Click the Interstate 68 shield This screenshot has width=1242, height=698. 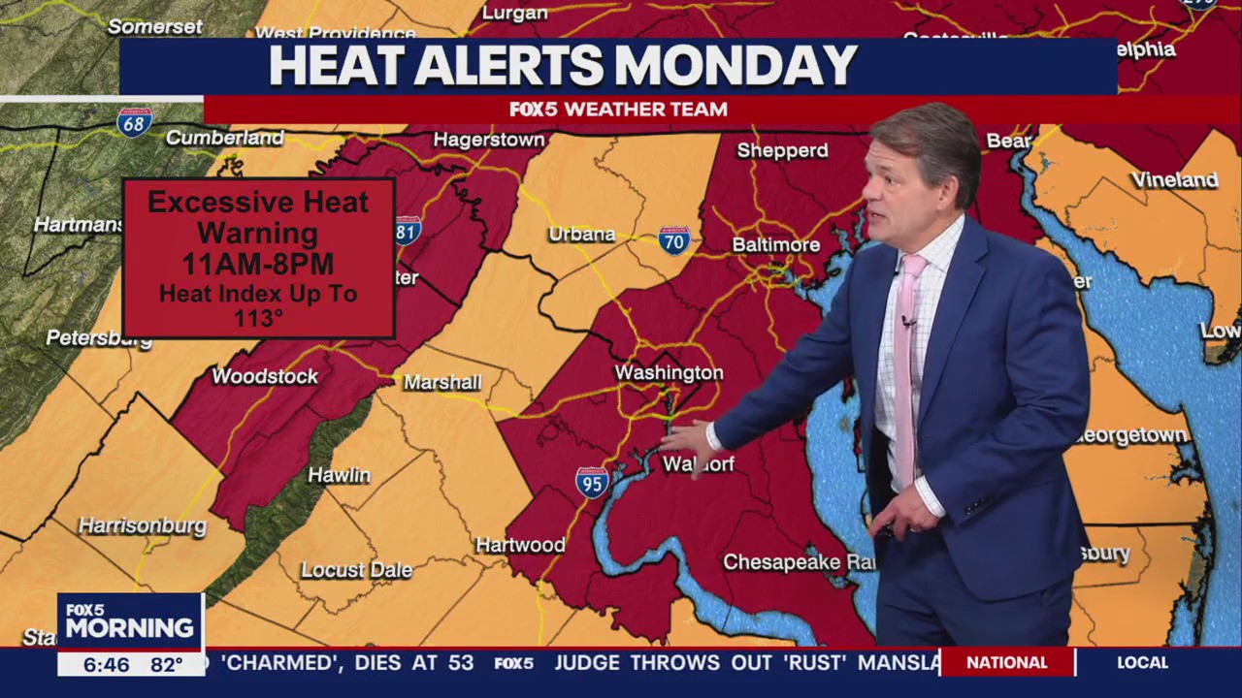(134, 122)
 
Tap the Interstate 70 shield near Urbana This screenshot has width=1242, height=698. (674, 239)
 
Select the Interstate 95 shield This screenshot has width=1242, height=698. (592, 482)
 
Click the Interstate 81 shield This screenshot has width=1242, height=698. (408, 230)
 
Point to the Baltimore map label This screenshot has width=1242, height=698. (775, 245)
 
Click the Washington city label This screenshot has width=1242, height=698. (669, 373)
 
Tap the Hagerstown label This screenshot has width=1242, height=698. (489, 140)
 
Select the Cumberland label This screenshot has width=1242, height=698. (224, 138)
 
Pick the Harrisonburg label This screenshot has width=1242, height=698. (143, 526)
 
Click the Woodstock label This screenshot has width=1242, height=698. (265, 376)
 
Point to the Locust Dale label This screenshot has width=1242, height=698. (356, 570)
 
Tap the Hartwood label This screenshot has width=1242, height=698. (520, 545)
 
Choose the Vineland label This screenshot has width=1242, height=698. (1174, 180)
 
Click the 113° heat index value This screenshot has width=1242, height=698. (257, 318)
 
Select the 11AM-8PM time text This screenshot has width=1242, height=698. (258, 264)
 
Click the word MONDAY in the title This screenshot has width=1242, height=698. (735, 66)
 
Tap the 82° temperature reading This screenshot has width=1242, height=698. (166, 665)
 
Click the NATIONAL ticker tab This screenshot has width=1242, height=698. (1006, 662)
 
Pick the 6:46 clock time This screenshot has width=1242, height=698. (106, 665)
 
